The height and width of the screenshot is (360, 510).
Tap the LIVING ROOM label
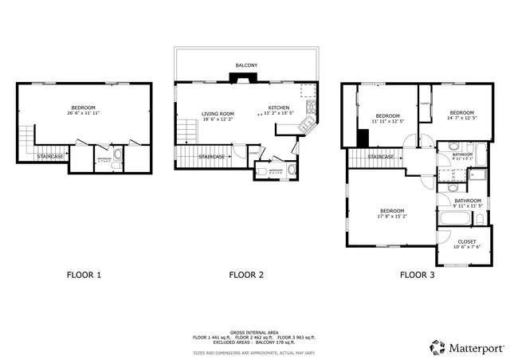[218, 114]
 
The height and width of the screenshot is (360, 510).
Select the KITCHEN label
[278, 108]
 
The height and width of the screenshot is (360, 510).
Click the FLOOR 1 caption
[84, 276]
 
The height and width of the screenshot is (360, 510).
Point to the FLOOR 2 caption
[246, 276]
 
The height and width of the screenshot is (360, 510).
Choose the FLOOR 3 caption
[417, 276]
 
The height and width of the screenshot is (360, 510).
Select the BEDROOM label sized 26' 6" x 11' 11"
[84, 108]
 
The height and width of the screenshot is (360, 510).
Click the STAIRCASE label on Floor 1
[50, 156]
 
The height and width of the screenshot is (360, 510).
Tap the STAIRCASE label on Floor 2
[211, 156]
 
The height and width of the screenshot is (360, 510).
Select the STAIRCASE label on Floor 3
[381, 157]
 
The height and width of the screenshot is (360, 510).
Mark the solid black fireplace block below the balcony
[240, 78]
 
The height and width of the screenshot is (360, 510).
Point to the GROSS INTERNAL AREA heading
[254, 331]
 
